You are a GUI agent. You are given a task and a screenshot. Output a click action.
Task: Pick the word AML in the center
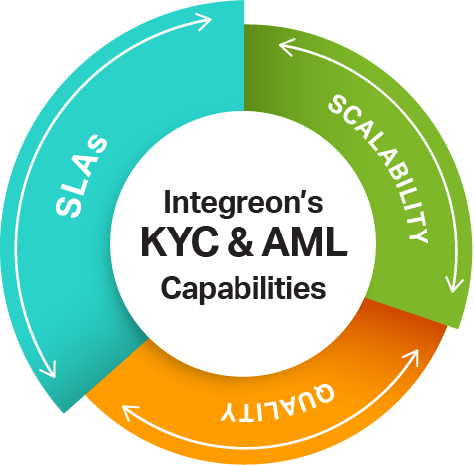(x=304, y=241)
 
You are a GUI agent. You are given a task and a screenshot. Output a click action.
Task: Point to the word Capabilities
(x=243, y=288)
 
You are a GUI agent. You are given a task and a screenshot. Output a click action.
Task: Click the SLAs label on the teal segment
(x=82, y=176)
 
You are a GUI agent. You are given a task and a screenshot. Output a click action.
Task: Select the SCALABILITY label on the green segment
(x=378, y=169)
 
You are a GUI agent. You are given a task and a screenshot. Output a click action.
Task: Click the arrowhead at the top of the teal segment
(x=204, y=22)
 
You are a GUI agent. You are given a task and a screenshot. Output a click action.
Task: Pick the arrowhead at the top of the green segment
(x=287, y=47)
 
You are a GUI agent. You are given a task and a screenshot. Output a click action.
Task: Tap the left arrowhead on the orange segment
(x=131, y=413)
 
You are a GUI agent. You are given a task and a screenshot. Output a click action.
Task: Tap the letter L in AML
(x=336, y=242)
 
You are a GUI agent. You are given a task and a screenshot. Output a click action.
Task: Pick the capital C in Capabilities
(x=172, y=286)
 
